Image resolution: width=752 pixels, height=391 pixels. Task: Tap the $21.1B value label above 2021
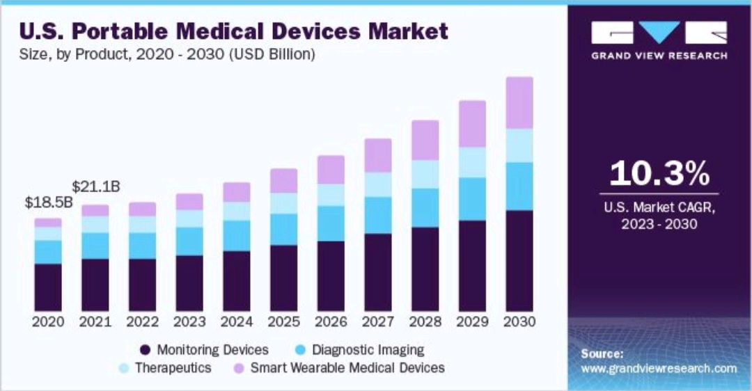coord(97,186)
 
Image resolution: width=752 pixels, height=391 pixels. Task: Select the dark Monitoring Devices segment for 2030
coord(519,260)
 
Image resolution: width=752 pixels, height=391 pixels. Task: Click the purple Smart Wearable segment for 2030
coord(519,103)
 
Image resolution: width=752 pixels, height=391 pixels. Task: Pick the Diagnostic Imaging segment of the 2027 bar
coord(377,215)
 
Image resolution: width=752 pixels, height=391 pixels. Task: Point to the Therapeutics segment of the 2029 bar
coord(472,162)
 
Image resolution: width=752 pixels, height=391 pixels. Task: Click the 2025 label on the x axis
coord(283,323)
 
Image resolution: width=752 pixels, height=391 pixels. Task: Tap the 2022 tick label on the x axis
coord(142,323)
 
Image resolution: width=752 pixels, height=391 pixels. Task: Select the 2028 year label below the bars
coord(425,323)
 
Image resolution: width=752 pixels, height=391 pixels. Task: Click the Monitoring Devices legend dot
coord(145,350)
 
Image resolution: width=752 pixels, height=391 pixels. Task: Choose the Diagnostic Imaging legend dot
coord(299,350)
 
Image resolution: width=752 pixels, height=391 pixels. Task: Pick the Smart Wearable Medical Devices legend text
coord(347,367)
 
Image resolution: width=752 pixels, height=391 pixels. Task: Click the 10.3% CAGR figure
coord(659,174)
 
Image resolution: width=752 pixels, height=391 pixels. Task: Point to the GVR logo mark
coord(659,33)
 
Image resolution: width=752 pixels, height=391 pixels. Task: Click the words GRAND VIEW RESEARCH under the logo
coord(659,56)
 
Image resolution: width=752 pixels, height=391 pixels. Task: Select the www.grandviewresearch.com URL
coord(658,368)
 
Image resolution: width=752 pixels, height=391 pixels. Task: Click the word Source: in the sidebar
coord(602,353)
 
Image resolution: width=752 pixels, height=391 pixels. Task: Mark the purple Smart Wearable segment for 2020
coord(48,223)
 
